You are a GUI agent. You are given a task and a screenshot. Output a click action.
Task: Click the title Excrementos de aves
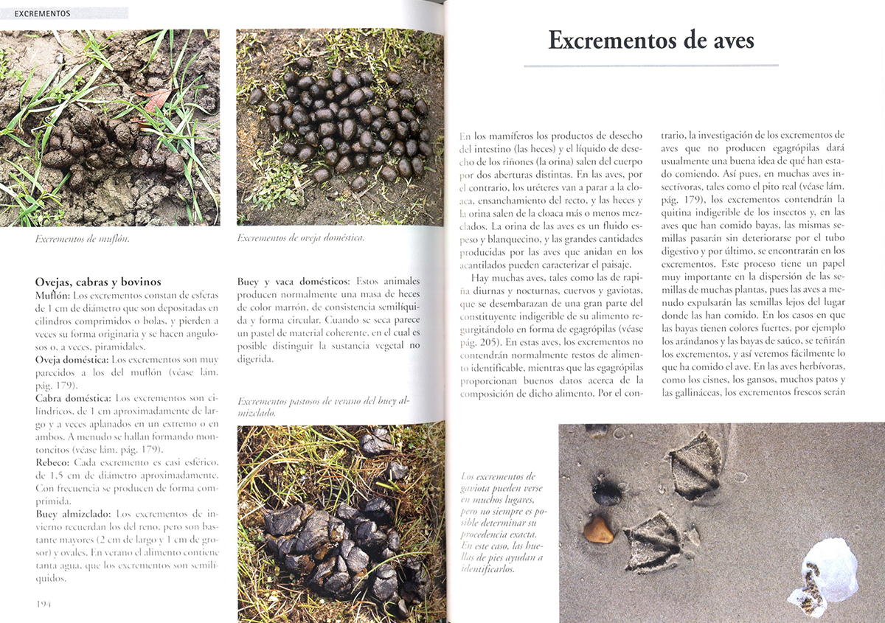[x=651, y=40]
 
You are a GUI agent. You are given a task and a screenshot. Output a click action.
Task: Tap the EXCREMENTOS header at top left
[x=42, y=13]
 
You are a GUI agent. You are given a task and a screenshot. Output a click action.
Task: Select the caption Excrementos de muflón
[x=77, y=238]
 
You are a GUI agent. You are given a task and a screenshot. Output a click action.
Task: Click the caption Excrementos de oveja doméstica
[x=301, y=237]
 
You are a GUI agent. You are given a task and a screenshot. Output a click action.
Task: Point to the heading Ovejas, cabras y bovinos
[x=98, y=282]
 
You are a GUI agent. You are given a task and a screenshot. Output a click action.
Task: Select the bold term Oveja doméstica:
[x=72, y=359]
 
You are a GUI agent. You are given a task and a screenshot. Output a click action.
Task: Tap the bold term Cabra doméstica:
[x=73, y=398]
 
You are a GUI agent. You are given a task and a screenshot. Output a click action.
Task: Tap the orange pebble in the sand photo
[x=598, y=529]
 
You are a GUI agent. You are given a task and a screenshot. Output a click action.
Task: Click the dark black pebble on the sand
[x=607, y=491]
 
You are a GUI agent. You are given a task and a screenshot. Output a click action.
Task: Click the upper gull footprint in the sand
[x=693, y=464]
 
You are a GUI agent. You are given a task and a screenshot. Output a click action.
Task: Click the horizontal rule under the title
[x=650, y=66]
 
